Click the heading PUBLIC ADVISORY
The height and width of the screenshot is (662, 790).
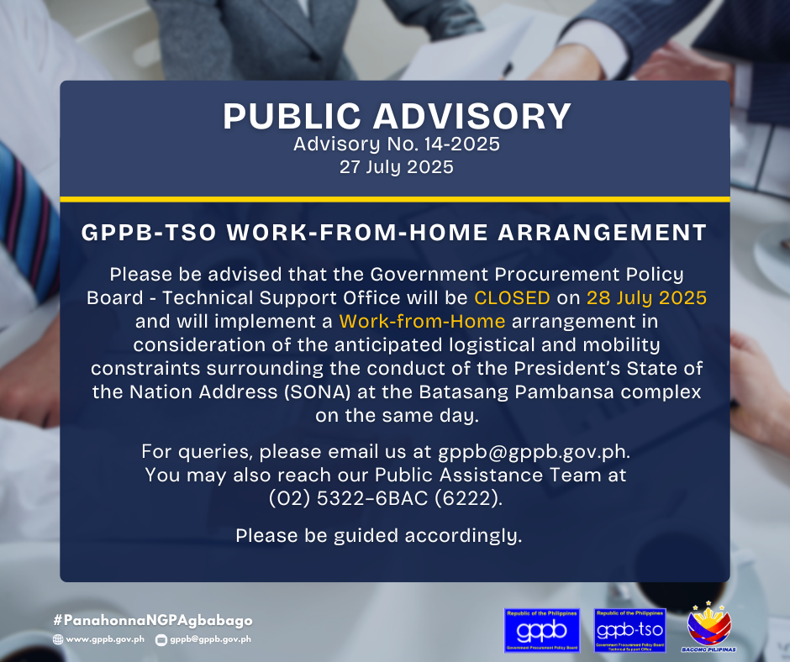[x=397, y=117]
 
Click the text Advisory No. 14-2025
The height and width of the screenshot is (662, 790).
[x=397, y=144]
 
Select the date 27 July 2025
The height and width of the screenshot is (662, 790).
[x=397, y=166]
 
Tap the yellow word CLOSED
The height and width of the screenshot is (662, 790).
[x=512, y=297]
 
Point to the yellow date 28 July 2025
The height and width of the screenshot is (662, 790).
[x=646, y=298]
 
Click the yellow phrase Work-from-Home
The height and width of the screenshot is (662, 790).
[x=422, y=322]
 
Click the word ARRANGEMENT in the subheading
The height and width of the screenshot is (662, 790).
[x=602, y=233]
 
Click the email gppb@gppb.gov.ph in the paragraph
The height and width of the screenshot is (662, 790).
[x=534, y=452]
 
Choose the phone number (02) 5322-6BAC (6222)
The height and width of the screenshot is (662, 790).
[x=386, y=498]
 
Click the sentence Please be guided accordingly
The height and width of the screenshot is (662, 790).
[x=379, y=535]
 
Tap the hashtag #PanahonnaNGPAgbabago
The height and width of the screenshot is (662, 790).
[x=153, y=621]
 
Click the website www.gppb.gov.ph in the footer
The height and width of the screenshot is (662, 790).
[x=105, y=638]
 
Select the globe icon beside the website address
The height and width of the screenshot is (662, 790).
[x=58, y=639]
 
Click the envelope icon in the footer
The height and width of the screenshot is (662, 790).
[x=161, y=640]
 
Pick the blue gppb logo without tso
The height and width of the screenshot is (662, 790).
[x=541, y=630]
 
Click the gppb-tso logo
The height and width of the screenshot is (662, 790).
[x=629, y=630]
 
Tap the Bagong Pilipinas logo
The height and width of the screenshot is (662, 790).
[x=708, y=628]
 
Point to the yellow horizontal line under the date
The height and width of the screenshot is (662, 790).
[x=395, y=199]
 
